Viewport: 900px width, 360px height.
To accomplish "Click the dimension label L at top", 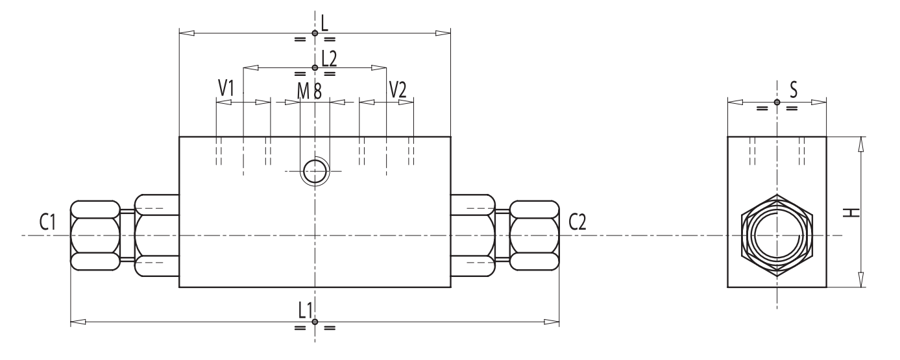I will tap(325, 23).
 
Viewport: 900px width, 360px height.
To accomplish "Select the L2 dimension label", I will tap(329, 58).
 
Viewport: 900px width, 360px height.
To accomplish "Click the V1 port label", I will tap(225, 89).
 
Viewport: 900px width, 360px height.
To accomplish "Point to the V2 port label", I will tap(397, 90).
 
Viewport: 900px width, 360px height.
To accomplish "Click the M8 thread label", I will tap(310, 91).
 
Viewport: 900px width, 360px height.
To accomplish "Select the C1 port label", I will tap(47, 222).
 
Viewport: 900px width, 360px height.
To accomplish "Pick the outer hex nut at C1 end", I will tap(95, 235).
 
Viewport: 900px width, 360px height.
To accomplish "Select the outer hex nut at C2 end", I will tap(534, 235).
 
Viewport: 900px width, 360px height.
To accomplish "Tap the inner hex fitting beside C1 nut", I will tap(156, 235).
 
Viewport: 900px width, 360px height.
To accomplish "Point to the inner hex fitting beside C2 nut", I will tap(472, 235).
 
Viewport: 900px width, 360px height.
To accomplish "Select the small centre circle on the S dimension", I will tap(777, 102).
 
